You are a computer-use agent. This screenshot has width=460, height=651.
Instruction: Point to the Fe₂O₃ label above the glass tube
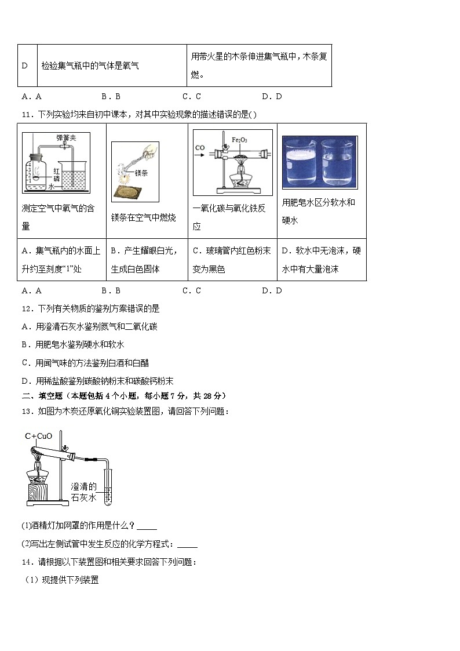pos(239,140)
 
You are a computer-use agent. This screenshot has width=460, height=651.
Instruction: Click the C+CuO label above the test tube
pos(39,435)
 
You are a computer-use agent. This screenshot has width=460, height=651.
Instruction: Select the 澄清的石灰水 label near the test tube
pos(84,492)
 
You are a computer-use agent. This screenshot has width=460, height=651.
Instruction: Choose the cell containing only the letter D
pos(25,66)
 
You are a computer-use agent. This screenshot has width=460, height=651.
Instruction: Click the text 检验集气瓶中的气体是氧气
pos(90,66)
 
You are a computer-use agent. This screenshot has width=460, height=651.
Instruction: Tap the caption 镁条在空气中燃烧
pos(143,217)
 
